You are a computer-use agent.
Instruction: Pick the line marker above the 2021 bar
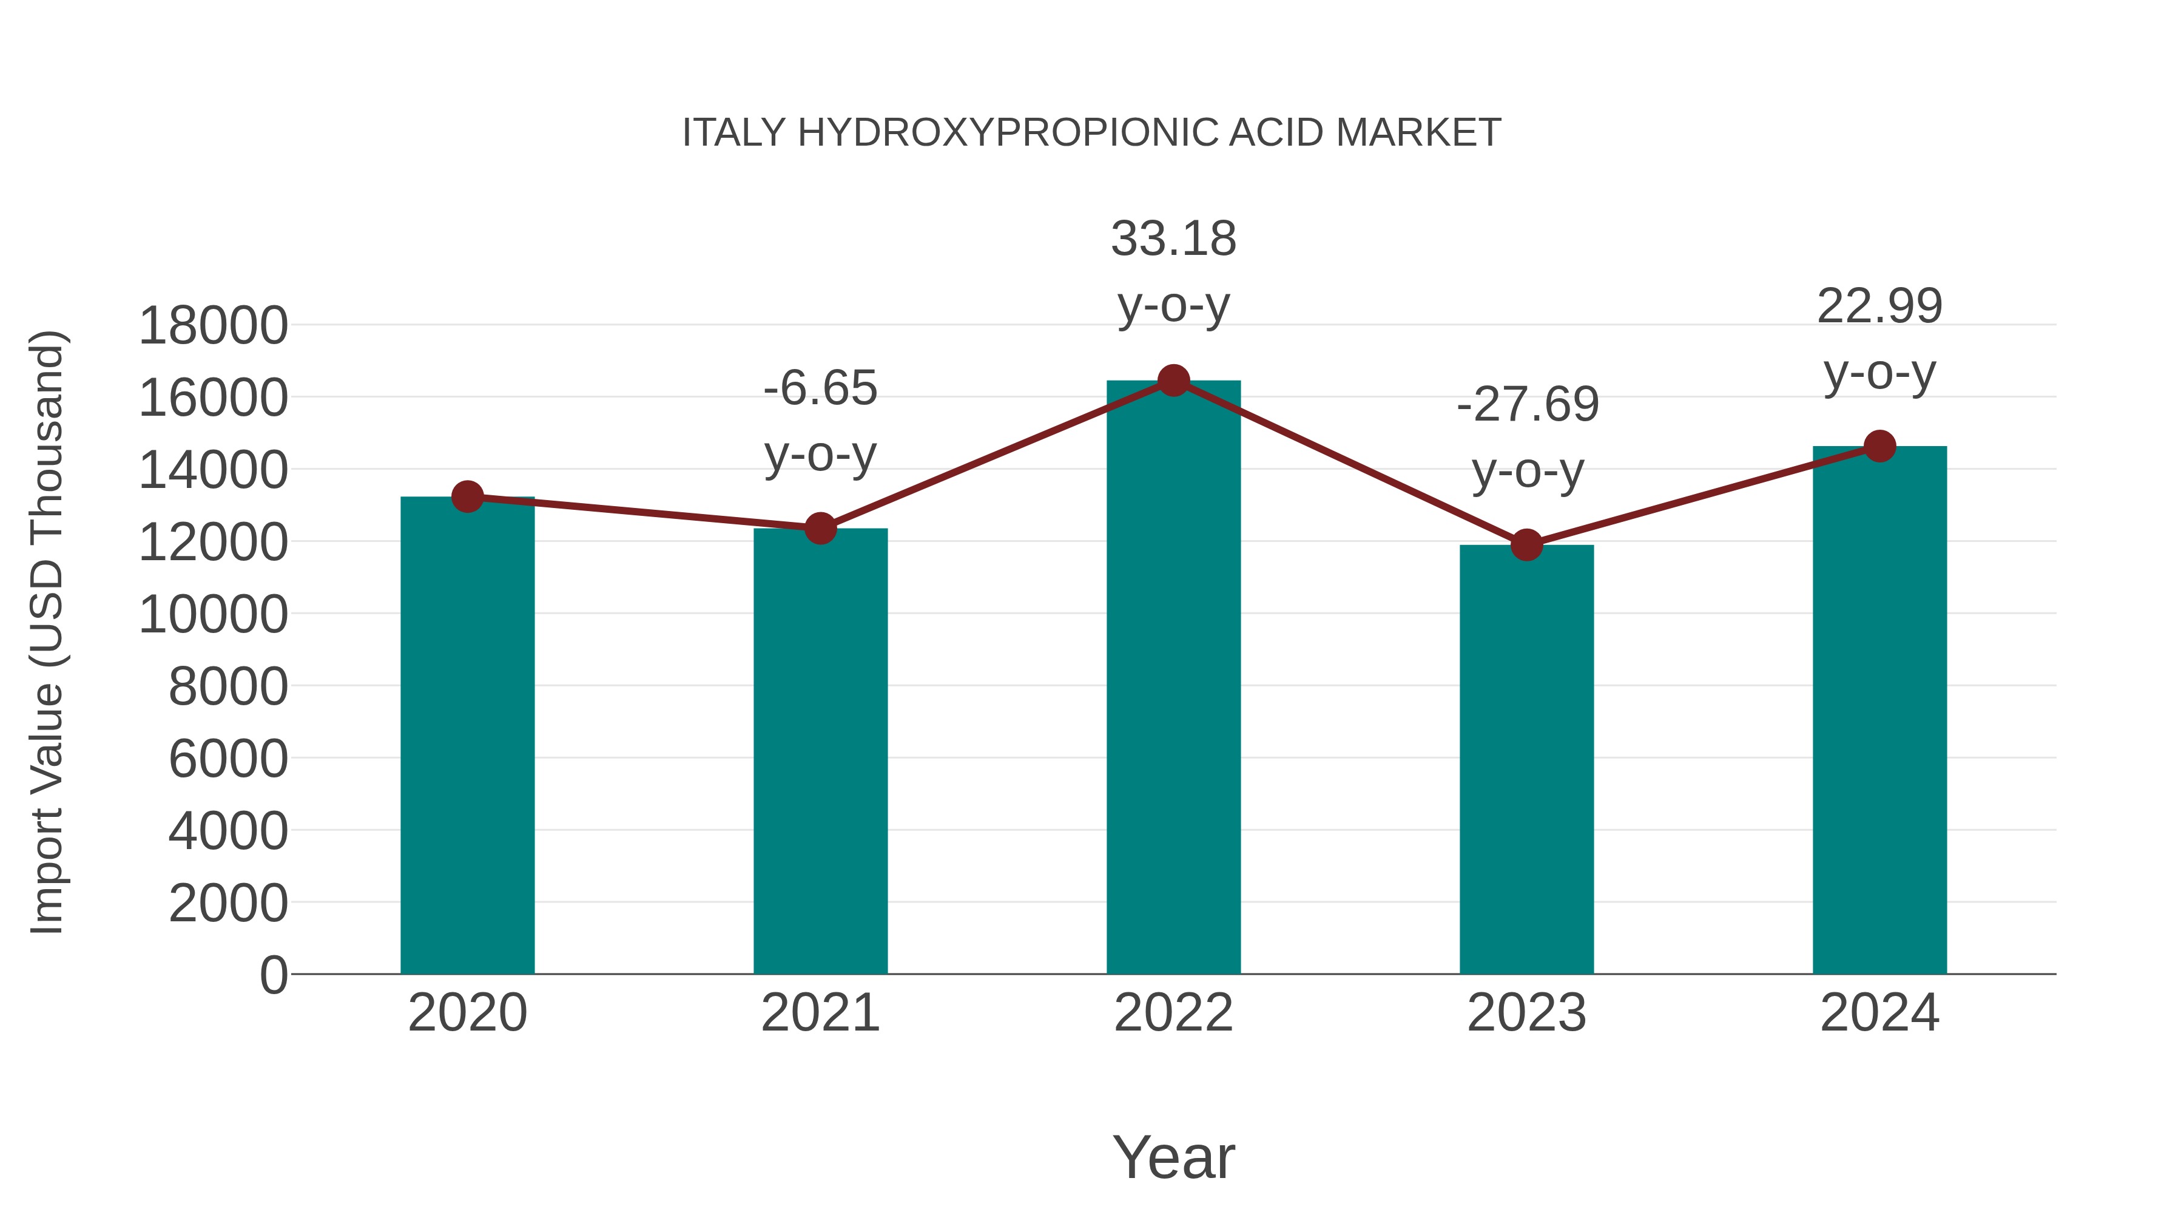[820, 529]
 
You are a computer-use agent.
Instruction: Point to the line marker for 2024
[1879, 446]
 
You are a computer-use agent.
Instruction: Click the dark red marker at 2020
[467, 497]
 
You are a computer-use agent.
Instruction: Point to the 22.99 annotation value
[1879, 306]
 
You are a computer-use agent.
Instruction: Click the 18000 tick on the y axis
[213, 326]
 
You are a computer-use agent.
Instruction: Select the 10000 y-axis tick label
[213, 614]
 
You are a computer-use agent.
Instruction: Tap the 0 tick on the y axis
[274, 975]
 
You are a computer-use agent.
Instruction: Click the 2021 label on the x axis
[820, 1013]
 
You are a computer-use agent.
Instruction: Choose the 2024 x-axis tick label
[1879, 1013]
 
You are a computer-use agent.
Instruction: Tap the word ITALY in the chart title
[733, 133]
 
